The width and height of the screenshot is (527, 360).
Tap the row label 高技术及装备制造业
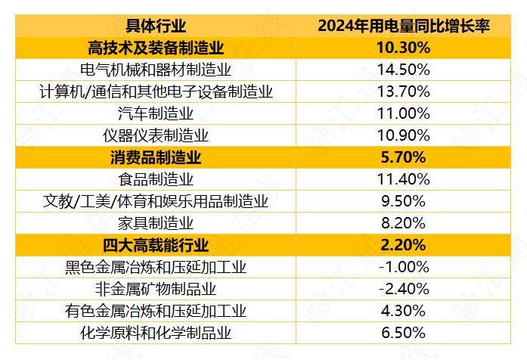156,48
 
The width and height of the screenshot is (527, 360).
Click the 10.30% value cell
403,48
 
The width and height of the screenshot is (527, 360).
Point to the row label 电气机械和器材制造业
156,70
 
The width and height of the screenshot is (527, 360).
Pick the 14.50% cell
403,70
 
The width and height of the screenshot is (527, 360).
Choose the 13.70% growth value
403,92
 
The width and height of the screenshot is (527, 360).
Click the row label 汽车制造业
156,114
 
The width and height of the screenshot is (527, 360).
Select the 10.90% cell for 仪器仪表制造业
403,136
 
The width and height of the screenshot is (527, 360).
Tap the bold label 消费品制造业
156,158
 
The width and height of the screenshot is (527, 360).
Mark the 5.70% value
403,158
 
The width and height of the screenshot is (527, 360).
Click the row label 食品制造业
156,180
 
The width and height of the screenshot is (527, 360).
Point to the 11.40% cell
403,180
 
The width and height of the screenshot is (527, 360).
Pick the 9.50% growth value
403,202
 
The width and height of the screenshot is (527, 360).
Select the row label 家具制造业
156,224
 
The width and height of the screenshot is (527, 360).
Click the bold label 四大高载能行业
156,246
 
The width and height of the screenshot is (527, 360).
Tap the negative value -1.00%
403,268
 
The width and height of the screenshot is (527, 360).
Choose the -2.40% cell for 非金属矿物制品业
403,290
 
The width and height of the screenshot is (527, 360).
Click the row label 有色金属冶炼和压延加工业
156,312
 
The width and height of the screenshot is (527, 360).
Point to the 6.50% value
403,334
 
